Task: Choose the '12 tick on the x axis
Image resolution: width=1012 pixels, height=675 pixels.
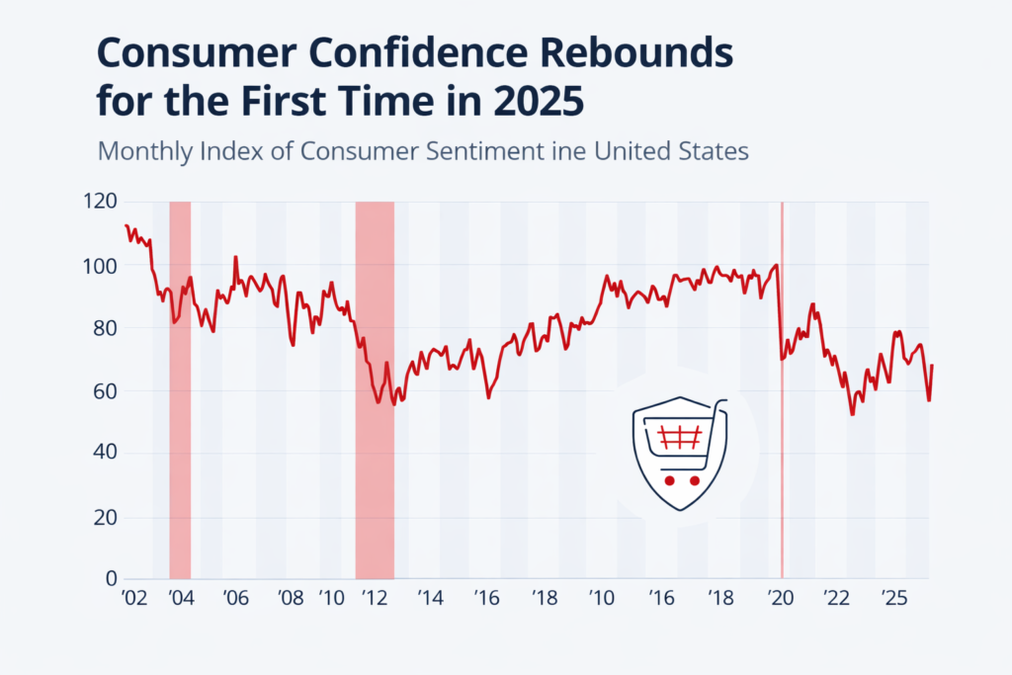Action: click(x=375, y=599)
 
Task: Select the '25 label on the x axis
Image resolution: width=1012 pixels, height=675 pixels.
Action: click(x=893, y=599)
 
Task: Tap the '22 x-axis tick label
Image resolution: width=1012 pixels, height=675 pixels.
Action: click(x=836, y=599)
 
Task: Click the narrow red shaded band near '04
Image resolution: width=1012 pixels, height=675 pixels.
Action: click(x=180, y=389)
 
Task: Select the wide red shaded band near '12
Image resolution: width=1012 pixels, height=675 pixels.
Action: click(x=375, y=389)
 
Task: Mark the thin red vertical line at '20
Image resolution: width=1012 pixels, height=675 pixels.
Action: click(x=782, y=389)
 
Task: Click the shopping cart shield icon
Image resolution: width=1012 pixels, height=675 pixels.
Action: click(x=679, y=454)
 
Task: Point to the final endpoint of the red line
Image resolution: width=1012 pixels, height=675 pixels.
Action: click(x=932, y=366)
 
